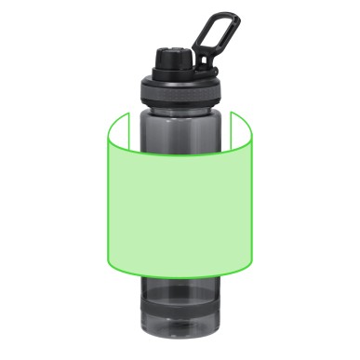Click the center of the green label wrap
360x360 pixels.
pyautogui.click(x=180, y=205)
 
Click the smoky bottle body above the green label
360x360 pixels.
pyautogui.click(x=181, y=126)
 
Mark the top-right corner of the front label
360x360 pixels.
pyautogui.click(x=254, y=140)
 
